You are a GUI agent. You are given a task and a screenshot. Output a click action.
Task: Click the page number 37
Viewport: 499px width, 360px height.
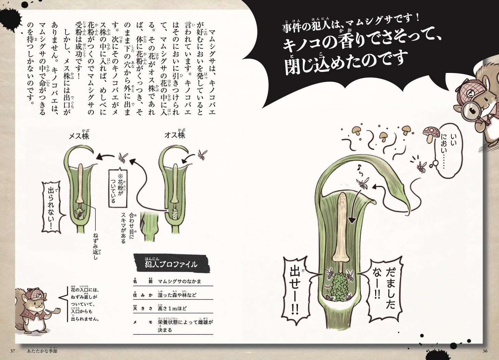coord(12,351)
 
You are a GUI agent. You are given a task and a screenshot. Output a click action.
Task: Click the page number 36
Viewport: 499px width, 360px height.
coord(485,351)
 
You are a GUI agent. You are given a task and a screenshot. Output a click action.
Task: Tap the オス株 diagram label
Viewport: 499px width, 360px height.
coord(175,135)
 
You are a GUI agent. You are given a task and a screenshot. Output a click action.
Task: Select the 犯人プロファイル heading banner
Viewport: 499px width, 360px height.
coord(171,263)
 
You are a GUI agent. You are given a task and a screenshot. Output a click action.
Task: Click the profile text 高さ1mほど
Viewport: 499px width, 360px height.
coord(172,309)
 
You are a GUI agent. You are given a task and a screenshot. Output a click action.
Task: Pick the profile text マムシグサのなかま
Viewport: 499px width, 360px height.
coord(179,282)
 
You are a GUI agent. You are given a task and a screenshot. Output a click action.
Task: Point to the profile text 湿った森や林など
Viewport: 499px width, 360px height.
coord(177,295)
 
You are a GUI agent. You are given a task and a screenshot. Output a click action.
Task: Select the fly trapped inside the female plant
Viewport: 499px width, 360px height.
coord(79,214)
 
